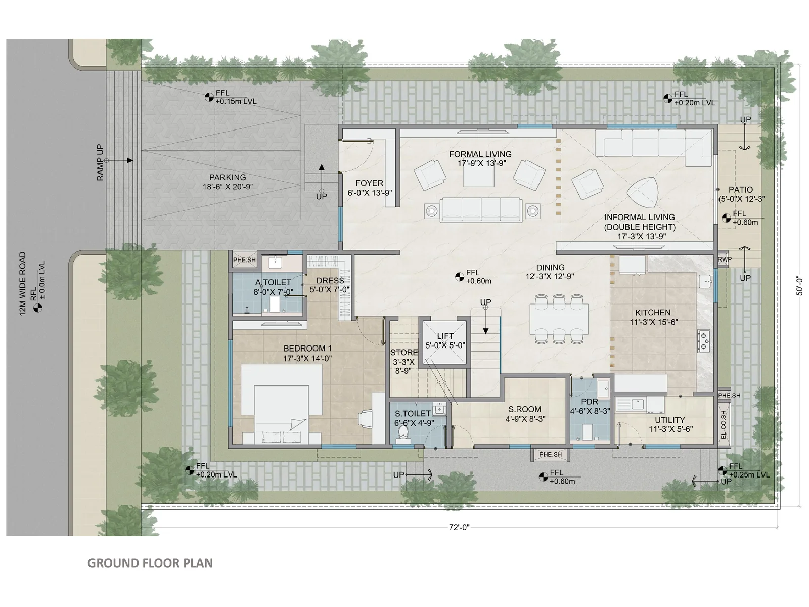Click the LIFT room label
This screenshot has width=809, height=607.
pos(445,336)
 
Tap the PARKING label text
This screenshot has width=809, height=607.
pos(228,177)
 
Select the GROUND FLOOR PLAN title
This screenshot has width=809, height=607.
pos(150,563)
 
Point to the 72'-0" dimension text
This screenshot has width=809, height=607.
pos(459,528)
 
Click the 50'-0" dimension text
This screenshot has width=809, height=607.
pos(799,285)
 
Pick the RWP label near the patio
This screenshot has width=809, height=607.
pos(725,259)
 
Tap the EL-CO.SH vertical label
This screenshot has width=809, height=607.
pos(723,424)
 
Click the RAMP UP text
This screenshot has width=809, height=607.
pos(100,162)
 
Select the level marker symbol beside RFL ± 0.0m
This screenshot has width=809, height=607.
pos(38,308)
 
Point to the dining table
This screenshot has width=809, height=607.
pos(559,319)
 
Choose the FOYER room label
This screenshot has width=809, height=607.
pos(369,183)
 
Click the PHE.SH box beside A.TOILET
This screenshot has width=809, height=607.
pos(244,260)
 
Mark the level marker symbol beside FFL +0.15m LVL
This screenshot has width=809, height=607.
pos(209,97)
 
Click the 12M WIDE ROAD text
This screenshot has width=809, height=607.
pos(22,284)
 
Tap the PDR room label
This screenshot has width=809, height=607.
pos(590,401)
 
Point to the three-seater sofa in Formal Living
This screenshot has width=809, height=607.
pos(482,210)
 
